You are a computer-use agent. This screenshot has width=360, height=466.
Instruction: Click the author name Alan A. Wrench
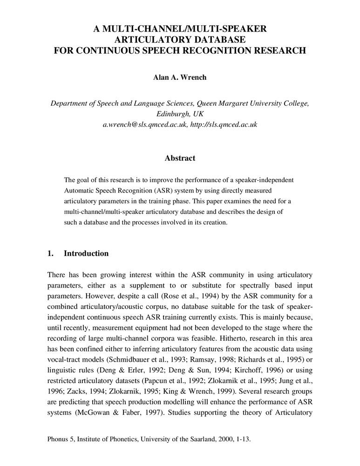(x=180, y=77)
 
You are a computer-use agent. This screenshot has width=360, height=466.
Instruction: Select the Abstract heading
(x=180, y=158)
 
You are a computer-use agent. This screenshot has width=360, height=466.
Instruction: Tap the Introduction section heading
(x=86, y=254)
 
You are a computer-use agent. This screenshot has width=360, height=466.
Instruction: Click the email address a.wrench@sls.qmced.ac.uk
(x=145, y=125)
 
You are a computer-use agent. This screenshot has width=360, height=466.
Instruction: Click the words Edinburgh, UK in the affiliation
(x=180, y=114)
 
